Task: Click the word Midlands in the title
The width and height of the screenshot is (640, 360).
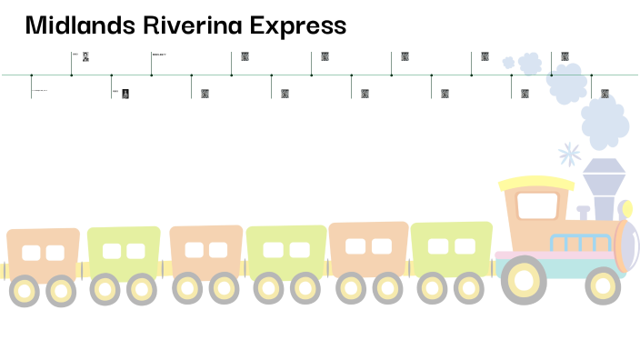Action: coord(79,25)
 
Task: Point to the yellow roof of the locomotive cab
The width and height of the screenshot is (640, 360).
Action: coord(536,183)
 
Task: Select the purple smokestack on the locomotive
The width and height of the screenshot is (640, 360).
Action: coord(602,191)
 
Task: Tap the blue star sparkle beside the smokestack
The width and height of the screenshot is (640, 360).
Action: coord(570,154)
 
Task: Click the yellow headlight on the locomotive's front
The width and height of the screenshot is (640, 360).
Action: coord(624,210)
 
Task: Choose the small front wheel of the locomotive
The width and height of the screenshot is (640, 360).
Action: coord(602,285)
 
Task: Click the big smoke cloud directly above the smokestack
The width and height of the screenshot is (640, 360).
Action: coord(604,122)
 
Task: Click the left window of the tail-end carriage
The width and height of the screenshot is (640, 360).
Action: coord(32,253)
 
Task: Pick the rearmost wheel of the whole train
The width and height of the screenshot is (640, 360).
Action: coord(24,291)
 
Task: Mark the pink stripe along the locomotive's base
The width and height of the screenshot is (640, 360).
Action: coord(555,255)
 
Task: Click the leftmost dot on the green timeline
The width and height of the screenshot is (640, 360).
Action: coord(31,75)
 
